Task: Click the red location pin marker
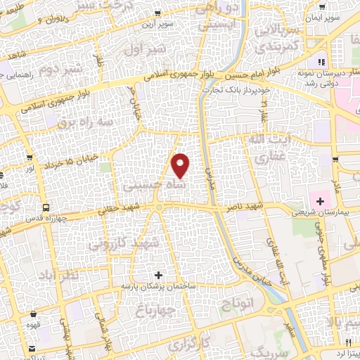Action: coord(181,165)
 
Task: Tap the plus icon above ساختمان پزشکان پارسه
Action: coord(158,274)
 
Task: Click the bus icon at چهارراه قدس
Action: coord(46,207)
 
